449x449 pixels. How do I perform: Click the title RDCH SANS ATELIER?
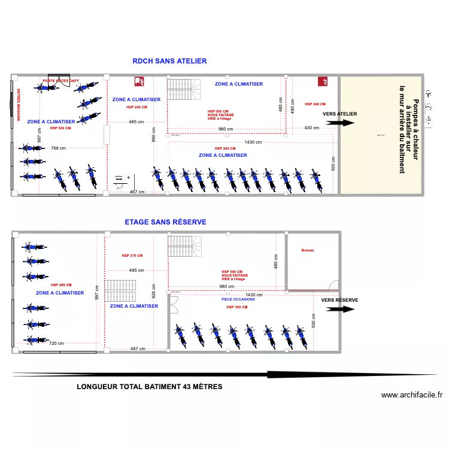(x=169, y=61)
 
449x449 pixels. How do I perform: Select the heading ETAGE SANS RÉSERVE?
(x=165, y=222)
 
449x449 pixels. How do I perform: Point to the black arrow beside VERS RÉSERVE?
(x=341, y=310)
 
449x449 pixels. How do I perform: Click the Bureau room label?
(x=308, y=250)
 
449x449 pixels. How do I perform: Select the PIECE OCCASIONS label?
(x=238, y=299)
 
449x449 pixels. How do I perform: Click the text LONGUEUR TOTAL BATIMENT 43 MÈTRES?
(x=150, y=387)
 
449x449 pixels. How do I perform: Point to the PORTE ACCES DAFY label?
(x=60, y=80)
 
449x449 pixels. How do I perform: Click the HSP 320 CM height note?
(x=60, y=128)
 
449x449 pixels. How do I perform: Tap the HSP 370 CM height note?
(x=132, y=256)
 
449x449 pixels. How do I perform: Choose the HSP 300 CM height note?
(x=236, y=307)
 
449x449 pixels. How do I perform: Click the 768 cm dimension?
(x=58, y=148)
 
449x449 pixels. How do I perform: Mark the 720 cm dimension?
(x=56, y=344)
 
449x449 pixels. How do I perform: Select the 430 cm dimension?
(x=311, y=128)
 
